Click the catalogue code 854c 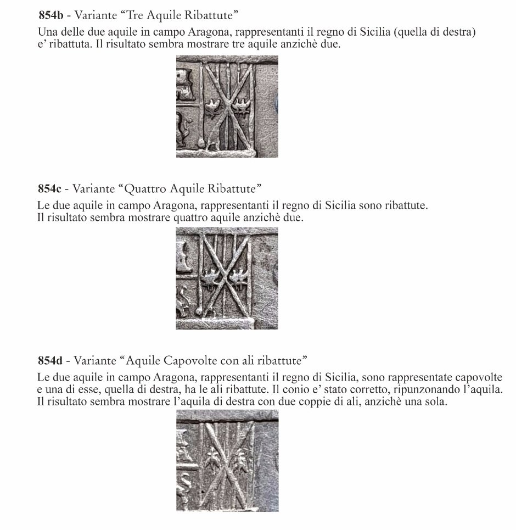pyautogui.click(x=49, y=189)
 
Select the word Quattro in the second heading pyautogui.click(x=145, y=189)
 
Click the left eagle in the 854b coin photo pyautogui.click(x=212, y=108)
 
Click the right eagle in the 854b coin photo pyautogui.click(x=240, y=108)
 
